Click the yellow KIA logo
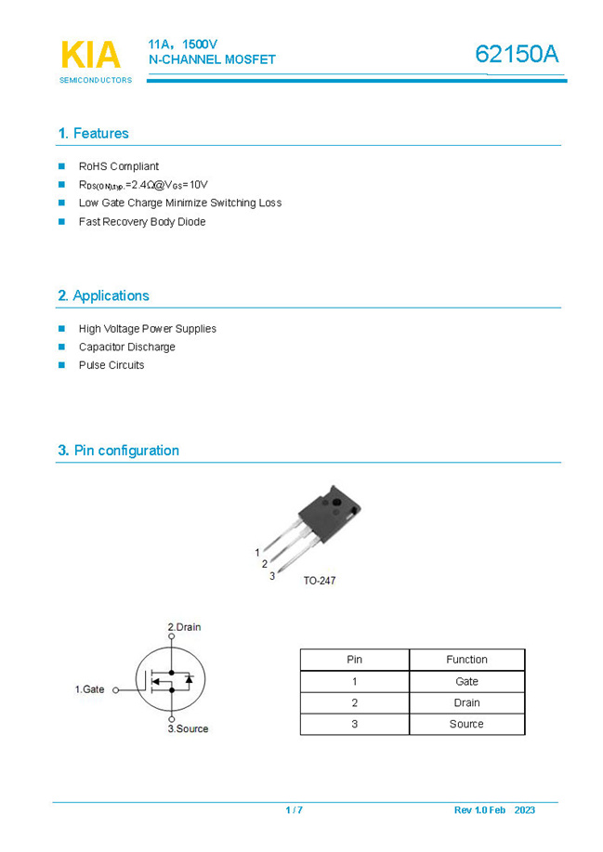coord(90,55)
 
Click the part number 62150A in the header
coord(517,55)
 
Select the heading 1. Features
coord(93,134)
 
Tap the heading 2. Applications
coord(103,295)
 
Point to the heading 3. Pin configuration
coord(118,451)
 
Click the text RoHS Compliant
coord(118,166)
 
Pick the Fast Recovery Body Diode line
coord(141,222)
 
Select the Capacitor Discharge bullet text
coord(126,347)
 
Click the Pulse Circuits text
coord(111,365)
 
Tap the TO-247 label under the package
coord(320,581)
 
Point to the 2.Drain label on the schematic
coord(184,627)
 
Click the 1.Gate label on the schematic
coord(89,689)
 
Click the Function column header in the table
coord(466,660)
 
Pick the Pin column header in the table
coord(354,660)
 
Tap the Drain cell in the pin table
coord(466,702)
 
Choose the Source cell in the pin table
coord(466,724)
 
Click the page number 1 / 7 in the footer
coord(294,810)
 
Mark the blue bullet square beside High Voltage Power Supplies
coord(62,328)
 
